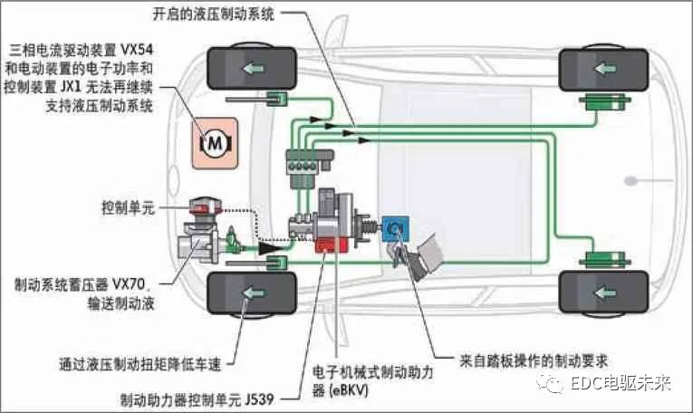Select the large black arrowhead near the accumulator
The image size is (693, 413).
[265, 245]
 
